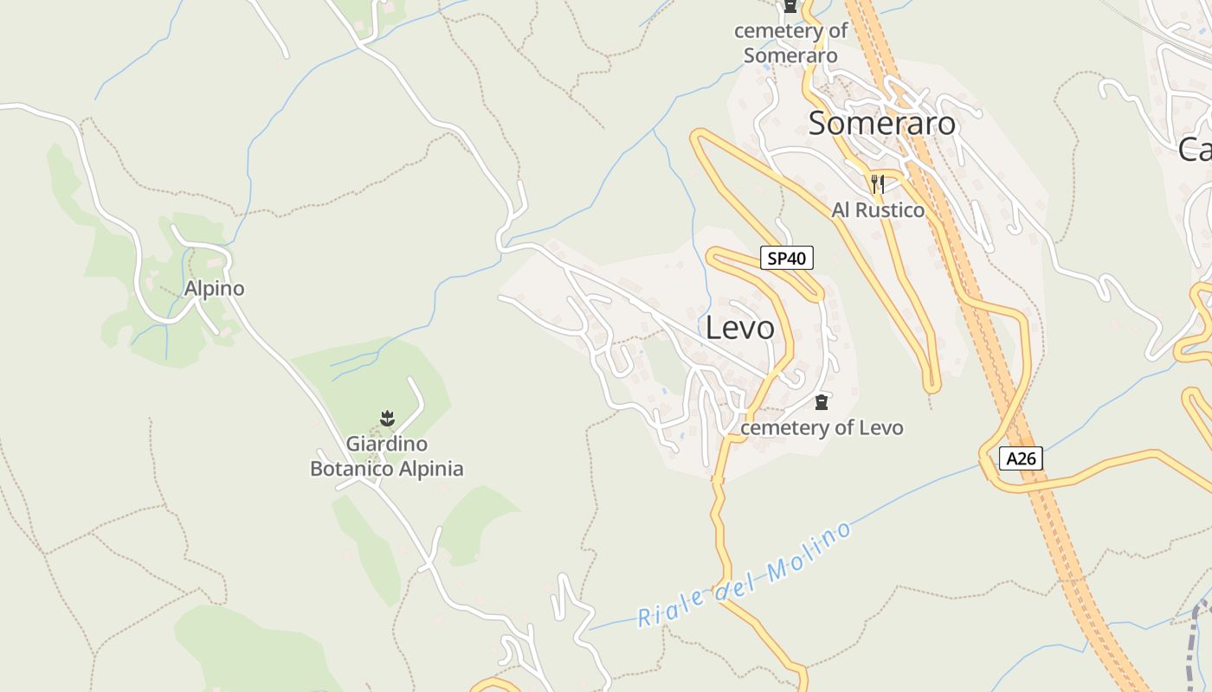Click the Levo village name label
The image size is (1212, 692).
coord(739,329)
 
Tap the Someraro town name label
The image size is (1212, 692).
coord(881,124)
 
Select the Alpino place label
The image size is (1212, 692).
coord(214,289)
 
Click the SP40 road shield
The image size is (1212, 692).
coord(786,258)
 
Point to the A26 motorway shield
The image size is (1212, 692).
coord(1021,458)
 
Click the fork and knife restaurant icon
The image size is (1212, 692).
coord(878,183)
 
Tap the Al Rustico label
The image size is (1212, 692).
coord(878,210)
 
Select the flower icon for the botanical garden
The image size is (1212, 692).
coord(387,420)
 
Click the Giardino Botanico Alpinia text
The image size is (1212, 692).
coord(387,457)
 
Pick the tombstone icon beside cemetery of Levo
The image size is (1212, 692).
coord(822,402)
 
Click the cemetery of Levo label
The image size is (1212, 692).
coord(822,427)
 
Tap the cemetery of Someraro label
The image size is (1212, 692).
coord(790,43)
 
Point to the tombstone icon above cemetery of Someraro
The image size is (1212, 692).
coord(790,7)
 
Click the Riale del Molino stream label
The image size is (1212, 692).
coord(745,576)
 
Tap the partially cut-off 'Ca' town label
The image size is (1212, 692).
coord(1195,150)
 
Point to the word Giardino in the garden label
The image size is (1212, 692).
coord(387,445)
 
